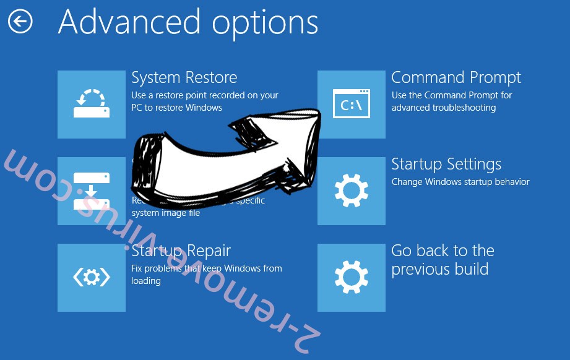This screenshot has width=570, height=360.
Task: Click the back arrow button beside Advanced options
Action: [x=20, y=22]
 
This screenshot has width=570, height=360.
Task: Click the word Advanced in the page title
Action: [x=126, y=22]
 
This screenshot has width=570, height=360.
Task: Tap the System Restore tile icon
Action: [x=92, y=104]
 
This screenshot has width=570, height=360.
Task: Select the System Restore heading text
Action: [x=184, y=78]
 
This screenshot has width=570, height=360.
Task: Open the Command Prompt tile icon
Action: [x=351, y=104]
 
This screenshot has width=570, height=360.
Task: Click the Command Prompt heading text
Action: [x=456, y=78]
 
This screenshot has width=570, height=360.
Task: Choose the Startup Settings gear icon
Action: [x=351, y=191]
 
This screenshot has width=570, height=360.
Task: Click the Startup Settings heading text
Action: [x=446, y=165]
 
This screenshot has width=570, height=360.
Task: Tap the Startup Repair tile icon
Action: [x=92, y=277]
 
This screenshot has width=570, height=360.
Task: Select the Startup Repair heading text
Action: [x=181, y=251]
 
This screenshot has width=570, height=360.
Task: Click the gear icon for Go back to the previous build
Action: [x=351, y=277]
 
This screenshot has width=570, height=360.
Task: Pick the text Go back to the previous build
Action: [x=442, y=260]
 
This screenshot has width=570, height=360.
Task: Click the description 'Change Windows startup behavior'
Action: [x=460, y=182]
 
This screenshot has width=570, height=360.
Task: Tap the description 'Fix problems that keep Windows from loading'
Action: [x=206, y=274]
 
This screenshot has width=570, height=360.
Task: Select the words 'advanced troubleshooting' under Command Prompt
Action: [x=443, y=108]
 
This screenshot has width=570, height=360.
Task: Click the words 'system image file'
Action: [x=166, y=213]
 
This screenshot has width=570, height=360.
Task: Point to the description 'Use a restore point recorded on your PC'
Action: [x=204, y=101]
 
